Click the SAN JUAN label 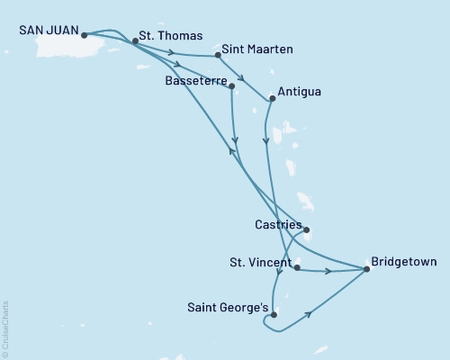(44, 29)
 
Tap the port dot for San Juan (83, 36)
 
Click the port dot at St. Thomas (135, 40)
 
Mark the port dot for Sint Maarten (218, 56)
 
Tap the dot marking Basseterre (232, 86)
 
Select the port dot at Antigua (272, 99)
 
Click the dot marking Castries (306, 230)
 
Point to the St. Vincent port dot (297, 268)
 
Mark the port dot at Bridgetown (366, 269)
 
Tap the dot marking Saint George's (273, 315)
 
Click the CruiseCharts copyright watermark (5, 328)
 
